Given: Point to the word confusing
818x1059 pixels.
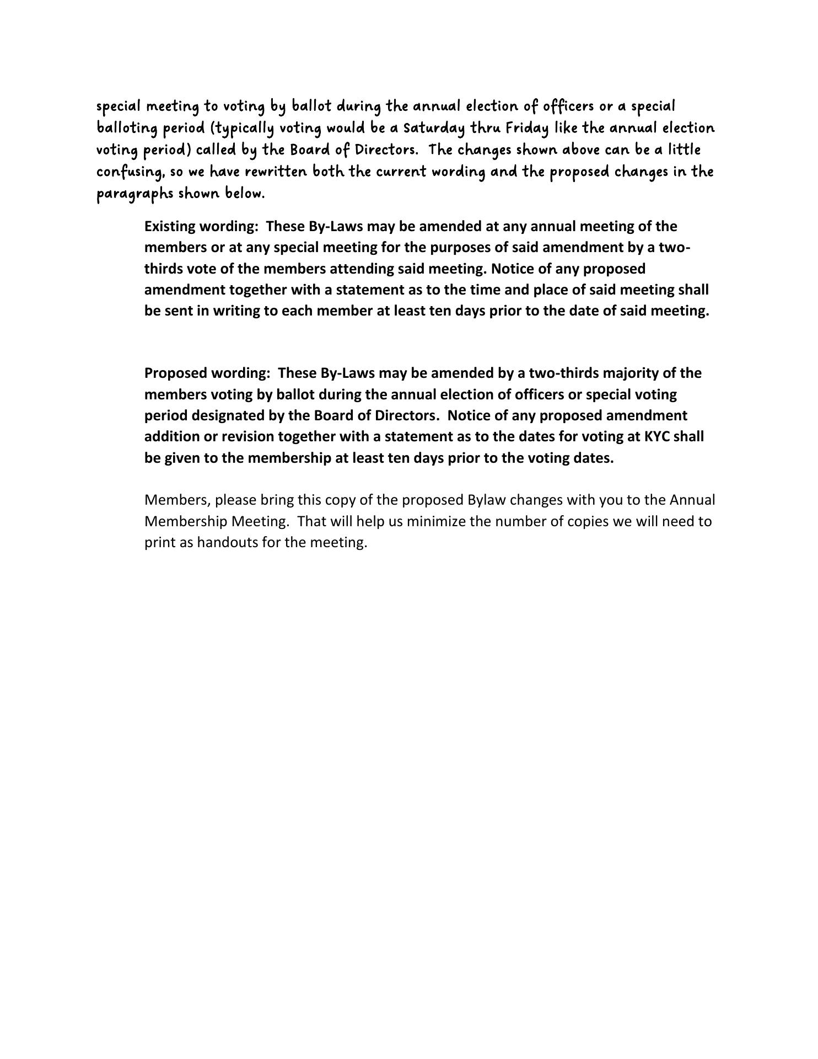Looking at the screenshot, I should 131,172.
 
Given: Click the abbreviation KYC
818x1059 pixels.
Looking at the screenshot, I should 656,437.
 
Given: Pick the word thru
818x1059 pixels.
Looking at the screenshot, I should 485,129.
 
